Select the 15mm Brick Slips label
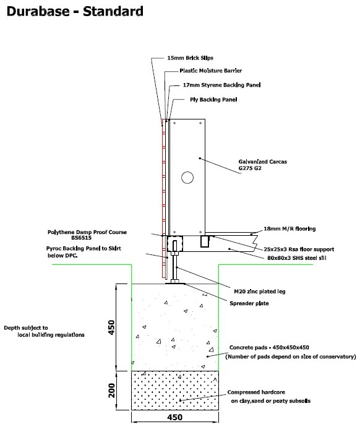(x=191, y=58)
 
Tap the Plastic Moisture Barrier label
(x=210, y=71)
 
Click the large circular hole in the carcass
(x=187, y=178)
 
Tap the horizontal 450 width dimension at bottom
(x=176, y=416)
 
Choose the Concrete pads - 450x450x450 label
(x=273, y=347)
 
